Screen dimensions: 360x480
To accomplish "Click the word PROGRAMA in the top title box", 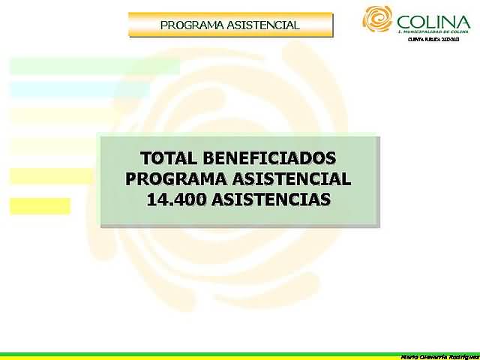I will [x=191, y=25].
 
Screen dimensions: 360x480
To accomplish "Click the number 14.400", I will [x=177, y=200].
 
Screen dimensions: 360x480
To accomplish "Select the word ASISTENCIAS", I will [x=271, y=200].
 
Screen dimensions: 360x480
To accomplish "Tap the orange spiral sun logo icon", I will [x=377, y=19].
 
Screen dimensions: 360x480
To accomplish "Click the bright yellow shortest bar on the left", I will [x=40, y=205].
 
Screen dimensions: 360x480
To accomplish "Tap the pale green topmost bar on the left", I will [x=94, y=66].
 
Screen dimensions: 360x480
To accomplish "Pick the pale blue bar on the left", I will [x=79, y=90].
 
